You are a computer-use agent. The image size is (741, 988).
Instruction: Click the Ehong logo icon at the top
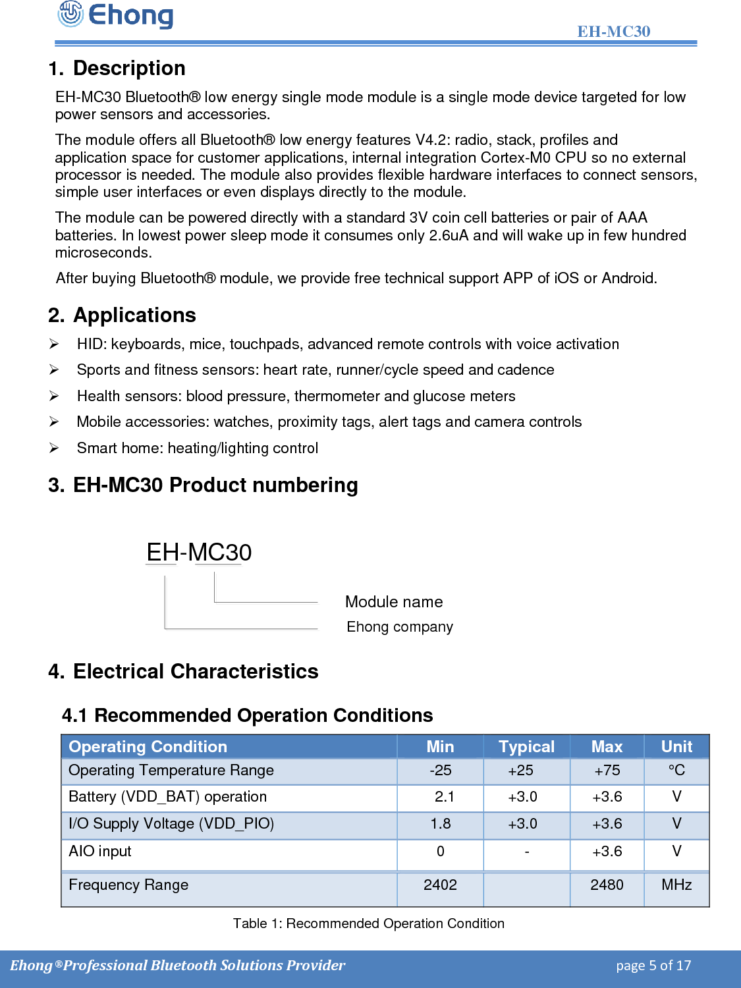coord(70,14)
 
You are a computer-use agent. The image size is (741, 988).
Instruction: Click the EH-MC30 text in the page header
coord(613,31)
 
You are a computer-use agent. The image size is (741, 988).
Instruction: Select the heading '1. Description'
coord(117,69)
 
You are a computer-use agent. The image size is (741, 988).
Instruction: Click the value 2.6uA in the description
coord(449,235)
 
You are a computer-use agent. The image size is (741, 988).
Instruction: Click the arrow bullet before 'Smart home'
coord(54,448)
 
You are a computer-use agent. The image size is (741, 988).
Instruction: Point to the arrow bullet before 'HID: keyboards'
coord(54,344)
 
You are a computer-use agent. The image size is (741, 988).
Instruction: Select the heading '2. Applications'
coord(122,315)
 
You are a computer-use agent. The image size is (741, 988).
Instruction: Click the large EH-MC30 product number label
coord(199,552)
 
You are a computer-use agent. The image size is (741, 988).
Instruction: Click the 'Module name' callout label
coord(394,601)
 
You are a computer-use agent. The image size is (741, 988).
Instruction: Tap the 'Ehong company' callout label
coord(400,626)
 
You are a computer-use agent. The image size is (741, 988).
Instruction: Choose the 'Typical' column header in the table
coord(526,746)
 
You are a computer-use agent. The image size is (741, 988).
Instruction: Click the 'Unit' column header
coord(676,746)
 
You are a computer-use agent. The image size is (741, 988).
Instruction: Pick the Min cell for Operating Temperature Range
coord(440,771)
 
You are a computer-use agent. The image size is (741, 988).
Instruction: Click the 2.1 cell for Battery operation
coord(444,797)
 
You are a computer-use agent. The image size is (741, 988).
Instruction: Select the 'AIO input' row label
coord(100,852)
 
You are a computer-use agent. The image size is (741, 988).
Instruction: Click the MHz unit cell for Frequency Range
coord(676,885)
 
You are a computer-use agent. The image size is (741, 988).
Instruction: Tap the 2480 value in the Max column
coord(607,885)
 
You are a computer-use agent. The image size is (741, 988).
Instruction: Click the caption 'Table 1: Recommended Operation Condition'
coord(369,923)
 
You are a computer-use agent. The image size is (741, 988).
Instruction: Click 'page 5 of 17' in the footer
coord(653,966)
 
